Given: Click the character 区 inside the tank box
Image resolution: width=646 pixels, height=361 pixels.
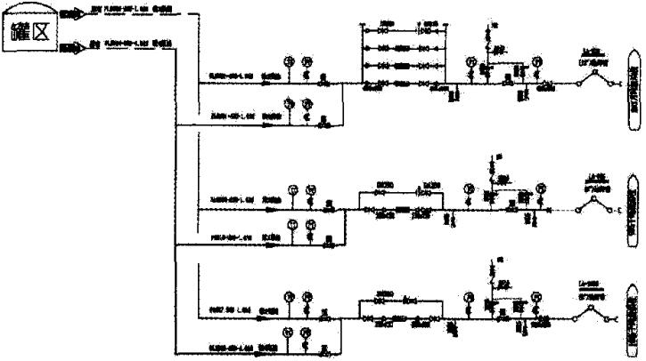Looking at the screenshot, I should tap(42, 35).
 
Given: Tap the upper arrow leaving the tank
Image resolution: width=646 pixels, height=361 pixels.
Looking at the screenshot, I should tap(71, 14).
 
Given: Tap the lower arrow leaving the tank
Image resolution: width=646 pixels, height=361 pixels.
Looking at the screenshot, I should tap(71, 45).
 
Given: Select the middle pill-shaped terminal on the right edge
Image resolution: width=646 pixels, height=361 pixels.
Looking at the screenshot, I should tap(634, 210).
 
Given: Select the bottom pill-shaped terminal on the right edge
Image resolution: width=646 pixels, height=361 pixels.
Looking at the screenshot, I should tap(634, 315).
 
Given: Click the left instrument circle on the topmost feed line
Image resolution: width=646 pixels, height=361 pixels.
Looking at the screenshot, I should tap(288, 61).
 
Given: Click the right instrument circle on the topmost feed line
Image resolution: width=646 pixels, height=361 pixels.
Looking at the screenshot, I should tap(307, 61).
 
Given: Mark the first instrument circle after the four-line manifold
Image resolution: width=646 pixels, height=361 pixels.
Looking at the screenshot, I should tap(470, 62).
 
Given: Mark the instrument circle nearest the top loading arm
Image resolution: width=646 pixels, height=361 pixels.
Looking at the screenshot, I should tap(536, 61).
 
